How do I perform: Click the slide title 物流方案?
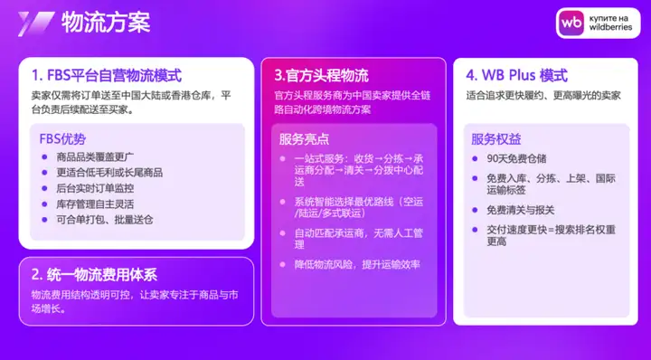pyautogui.click(x=106, y=22)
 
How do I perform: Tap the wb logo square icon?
pyautogui.click(x=571, y=23)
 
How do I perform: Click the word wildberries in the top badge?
pyautogui.click(x=610, y=27)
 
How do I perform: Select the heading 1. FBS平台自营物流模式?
pyautogui.click(x=107, y=76)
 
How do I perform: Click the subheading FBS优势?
pyautogui.click(x=62, y=138)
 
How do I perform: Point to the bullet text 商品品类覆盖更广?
pyautogui.click(x=95, y=157)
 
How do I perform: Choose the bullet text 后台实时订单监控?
pyautogui.click(x=95, y=188)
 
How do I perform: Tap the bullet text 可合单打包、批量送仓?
pyautogui.click(x=105, y=220)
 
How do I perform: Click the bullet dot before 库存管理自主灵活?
pyautogui.click(x=45, y=204)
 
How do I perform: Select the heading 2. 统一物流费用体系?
pyautogui.click(x=95, y=275)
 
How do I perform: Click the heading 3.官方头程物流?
pyautogui.click(x=321, y=76)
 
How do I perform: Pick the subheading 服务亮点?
pyautogui.click(x=304, y=139)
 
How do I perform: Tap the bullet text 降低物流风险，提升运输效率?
pyautogui.click(x=357, y=264)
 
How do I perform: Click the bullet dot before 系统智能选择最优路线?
pyautogui.click(x=283, y=202)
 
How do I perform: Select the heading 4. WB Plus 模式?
pyautogui.click(x=516, y=76)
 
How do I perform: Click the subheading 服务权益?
pyautogui.click(x=496, y=139)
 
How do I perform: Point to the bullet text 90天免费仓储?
pyautogui.click(x=516, y=158)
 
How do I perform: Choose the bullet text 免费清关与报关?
pyautogui.click(x=521, y=210)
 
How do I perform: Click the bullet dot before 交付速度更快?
pyautogui.click(x=475, y=230)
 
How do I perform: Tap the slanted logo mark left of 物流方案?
pyautogui.click(x=35, y=24)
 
